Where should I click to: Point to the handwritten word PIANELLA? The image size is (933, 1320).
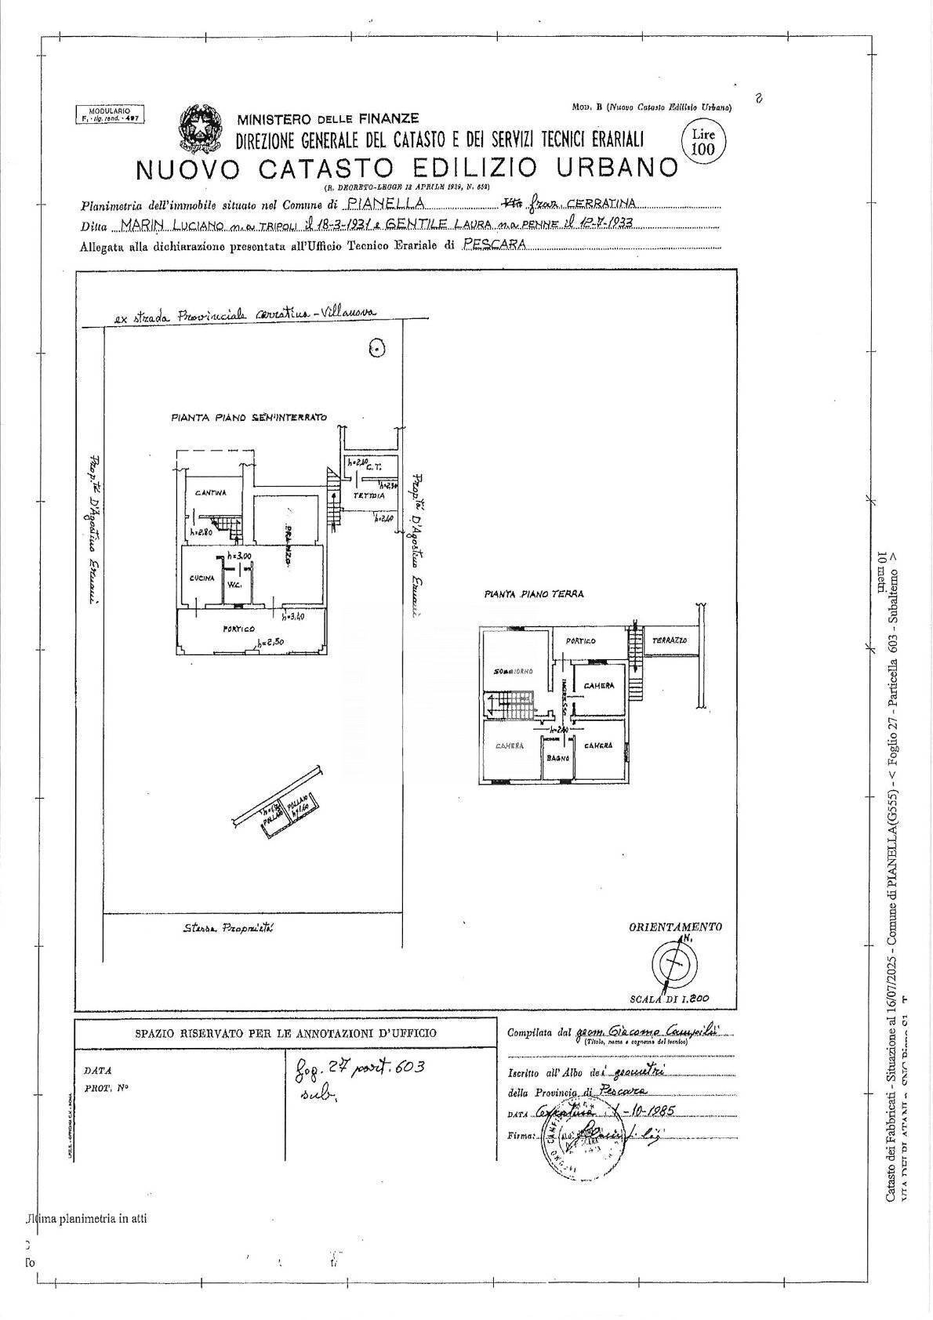(387, 205)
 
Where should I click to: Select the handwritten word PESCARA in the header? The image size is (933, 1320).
(496, 244)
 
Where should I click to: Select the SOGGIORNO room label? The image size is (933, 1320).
(514, 672)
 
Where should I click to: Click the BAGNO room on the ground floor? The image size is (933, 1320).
(557, 759)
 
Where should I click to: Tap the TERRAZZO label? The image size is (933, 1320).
(669, 641)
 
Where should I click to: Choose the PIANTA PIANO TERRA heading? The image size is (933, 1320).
(533, 594)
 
